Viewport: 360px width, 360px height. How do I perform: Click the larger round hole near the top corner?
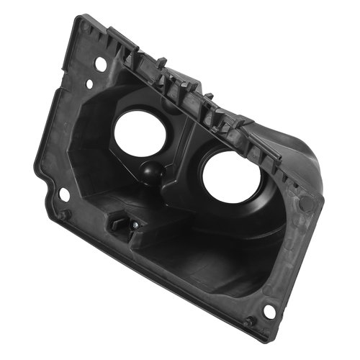click(101, 64)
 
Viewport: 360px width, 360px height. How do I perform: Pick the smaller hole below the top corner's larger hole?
click(89, 84)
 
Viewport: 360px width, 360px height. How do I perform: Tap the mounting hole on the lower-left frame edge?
click(63, 194)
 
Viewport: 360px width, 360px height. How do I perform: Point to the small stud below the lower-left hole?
click(63, 214)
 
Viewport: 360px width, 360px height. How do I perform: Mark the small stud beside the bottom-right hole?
click(248, 322)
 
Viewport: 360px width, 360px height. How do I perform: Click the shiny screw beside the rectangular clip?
click(135, 226)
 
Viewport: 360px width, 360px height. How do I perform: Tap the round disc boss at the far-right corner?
click(307, 203)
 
